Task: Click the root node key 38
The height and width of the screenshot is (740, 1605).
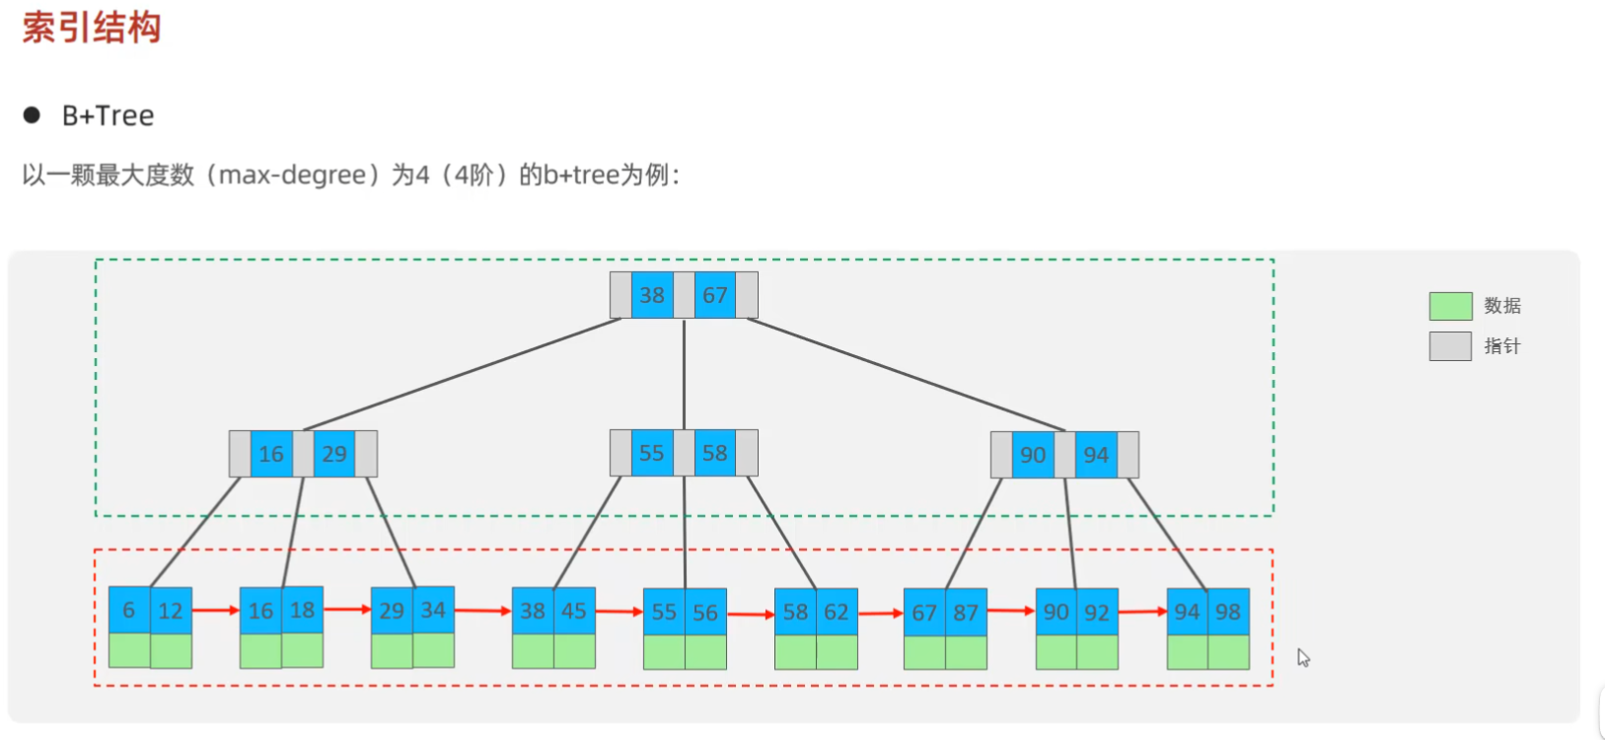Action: (x=652, y=295)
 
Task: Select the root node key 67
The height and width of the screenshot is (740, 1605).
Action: (x=715, y=295)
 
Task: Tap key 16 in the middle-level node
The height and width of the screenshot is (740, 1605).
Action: (x=271, y=454)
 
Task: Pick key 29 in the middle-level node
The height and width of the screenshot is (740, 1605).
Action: (x=334, y=454)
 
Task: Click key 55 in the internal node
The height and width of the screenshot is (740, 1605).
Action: (x=652, y=453)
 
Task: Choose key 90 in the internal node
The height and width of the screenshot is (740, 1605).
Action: (x=1033, y=455)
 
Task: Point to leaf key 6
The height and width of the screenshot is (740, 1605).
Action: (x=129, y=611)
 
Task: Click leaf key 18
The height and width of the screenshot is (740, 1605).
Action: (x=303, y=610)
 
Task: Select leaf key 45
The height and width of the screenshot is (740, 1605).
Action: (x=574, y=611)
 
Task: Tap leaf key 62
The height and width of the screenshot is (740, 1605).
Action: (x=837, y=612)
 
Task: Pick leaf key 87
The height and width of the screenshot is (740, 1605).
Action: (x=966, y=613)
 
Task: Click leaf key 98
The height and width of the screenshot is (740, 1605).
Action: (x=1228, y=612)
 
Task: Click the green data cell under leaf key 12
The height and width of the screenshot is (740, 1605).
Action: (x=171, y=651)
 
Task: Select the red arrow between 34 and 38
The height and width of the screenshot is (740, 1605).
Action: (x=482, y=611)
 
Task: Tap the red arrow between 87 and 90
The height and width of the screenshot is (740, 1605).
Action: (x=1010, y=611)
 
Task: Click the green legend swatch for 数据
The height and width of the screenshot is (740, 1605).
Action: (x=1450, y=306)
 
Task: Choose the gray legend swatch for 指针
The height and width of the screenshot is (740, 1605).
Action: (x=1450, y=346)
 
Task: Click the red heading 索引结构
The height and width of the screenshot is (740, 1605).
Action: (x=92, y=28)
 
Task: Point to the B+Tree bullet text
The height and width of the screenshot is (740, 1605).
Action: (x=108, y=115)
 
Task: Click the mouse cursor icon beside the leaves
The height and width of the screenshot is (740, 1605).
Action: (x=1303, y=658)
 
